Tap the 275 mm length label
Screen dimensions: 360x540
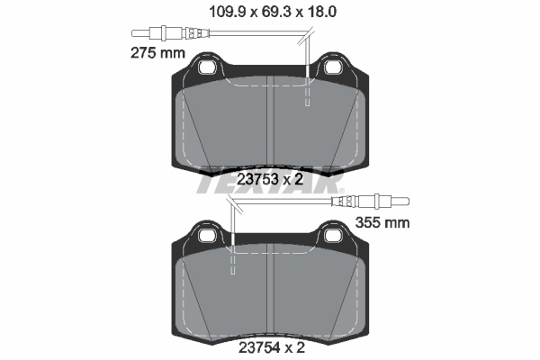154,53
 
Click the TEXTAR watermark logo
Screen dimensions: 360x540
270,184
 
